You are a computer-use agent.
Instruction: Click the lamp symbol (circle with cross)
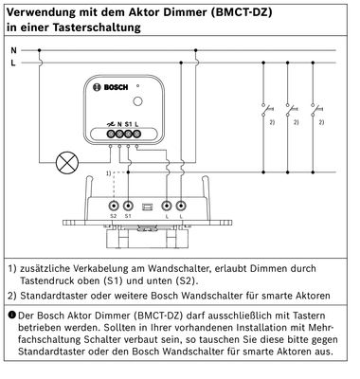67,163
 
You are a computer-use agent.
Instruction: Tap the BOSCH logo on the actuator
111,87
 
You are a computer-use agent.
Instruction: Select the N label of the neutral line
13,50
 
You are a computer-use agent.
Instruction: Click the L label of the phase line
13,63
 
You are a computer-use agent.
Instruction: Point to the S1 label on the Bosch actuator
128,124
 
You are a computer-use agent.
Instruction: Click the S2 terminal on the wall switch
114,207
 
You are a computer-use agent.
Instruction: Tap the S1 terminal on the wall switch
128,207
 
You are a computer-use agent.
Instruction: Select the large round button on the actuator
137,101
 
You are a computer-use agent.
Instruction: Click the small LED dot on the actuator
138,86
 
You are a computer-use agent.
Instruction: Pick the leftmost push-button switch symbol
265,110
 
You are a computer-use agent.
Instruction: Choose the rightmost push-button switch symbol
315,110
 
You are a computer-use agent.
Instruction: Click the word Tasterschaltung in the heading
97,27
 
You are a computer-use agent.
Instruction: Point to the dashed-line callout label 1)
108,173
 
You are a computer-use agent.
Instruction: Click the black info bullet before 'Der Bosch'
12,315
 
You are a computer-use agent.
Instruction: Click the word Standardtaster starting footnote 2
54,296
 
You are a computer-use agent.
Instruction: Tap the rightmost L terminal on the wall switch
181,207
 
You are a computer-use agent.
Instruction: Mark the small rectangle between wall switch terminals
147,207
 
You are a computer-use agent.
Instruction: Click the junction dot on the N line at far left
39,50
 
